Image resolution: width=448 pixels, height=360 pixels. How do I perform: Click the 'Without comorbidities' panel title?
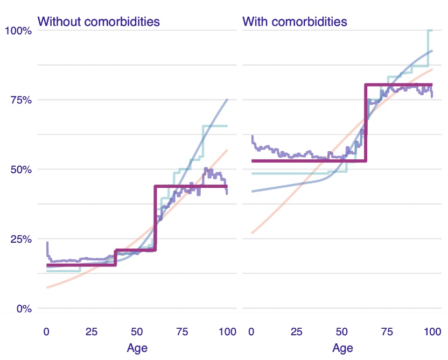pyautogui.click(x=99, y=22)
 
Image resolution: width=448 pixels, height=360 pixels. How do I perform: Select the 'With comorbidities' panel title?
pyautogui.click(x=295, y=22)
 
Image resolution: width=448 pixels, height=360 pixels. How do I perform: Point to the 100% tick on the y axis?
pyautogui.click(x=18, y=31)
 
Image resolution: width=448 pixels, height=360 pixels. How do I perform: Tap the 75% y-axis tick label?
pyautogui.click(x=20, y=100)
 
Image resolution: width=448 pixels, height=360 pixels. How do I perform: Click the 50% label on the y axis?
pyautogui.click(x=20, y=170)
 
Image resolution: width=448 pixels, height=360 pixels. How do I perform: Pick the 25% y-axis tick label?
pyautogui.click(x=20, y=239)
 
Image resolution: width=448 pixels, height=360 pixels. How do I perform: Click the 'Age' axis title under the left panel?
pyautogui.click(x=137, y=348)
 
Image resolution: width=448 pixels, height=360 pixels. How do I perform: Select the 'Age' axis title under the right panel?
pyautogui.click(x=342, y=348)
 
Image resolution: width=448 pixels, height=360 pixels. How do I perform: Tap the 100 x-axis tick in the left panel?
pyautogui.click(x=228, y=331)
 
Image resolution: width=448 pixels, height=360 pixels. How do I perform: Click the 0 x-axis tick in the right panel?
pyautogui.click(x=251, y=331)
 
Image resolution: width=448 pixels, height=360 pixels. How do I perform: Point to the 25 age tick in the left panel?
pyautogui.click(x=92, y=331)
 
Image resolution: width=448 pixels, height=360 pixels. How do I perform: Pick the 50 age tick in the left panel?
pyautogui.click(x=137, y=331)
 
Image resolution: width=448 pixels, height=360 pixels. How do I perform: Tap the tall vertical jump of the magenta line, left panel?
pyautogui.click(x=155, y=215)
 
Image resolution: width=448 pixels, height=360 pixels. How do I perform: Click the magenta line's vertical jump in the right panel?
pyautogui.click(x=366, y=121)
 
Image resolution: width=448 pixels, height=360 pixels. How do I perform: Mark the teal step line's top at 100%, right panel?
pyautogui.click(x=430, y=30)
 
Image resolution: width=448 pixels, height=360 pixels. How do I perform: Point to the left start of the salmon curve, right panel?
pyautogui.click(x=252, y=233)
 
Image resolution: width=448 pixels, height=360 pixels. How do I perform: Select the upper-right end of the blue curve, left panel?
pyautogui.click(x=227, y=100)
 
